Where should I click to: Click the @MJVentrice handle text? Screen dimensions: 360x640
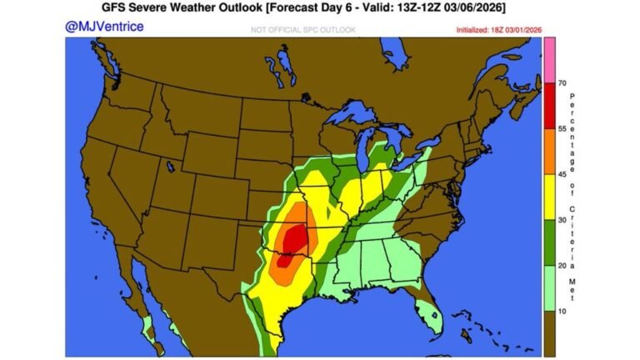(104, 27)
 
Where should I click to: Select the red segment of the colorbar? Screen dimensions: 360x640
(550, 105)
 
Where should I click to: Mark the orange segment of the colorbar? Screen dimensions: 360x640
(550, 151)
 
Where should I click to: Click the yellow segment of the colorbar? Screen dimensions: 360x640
(550, 197)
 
